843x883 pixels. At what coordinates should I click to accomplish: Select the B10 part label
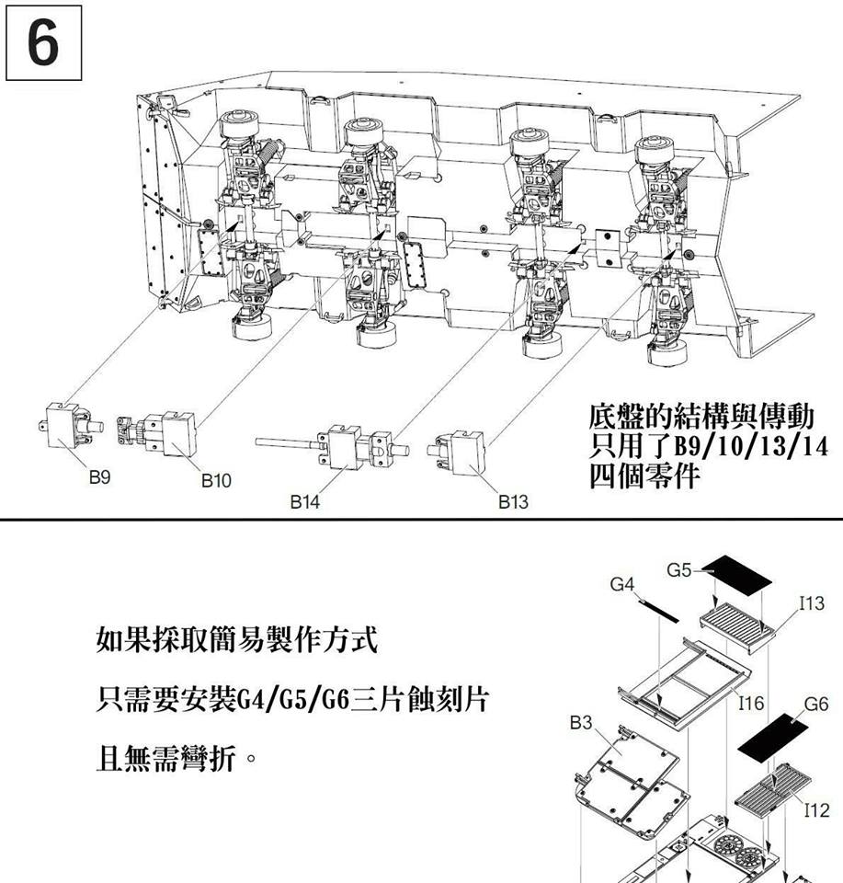(x=216, y=480)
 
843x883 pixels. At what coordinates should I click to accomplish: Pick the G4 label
(x=622, y=583)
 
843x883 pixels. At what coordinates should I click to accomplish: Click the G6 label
(x=815, y=704)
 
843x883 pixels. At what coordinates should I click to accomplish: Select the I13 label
(x=812, y=603)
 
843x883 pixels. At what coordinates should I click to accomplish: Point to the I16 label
(x=751, y=704)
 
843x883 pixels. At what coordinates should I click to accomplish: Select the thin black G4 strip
(x=657, y=608)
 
